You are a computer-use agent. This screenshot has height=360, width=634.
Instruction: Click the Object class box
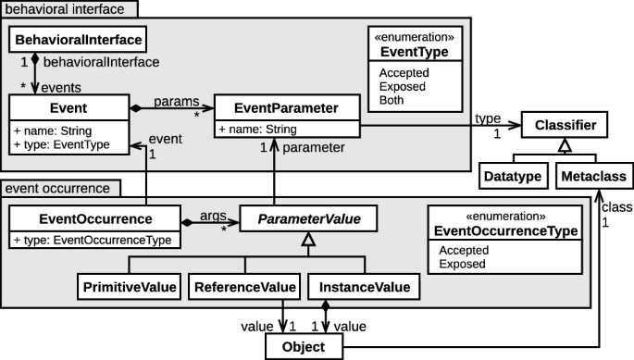(x=304, y=347)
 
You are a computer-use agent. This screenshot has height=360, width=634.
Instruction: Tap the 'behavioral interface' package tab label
(x=69, y=9)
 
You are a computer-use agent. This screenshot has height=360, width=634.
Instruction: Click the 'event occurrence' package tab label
(x=57, y=189)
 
